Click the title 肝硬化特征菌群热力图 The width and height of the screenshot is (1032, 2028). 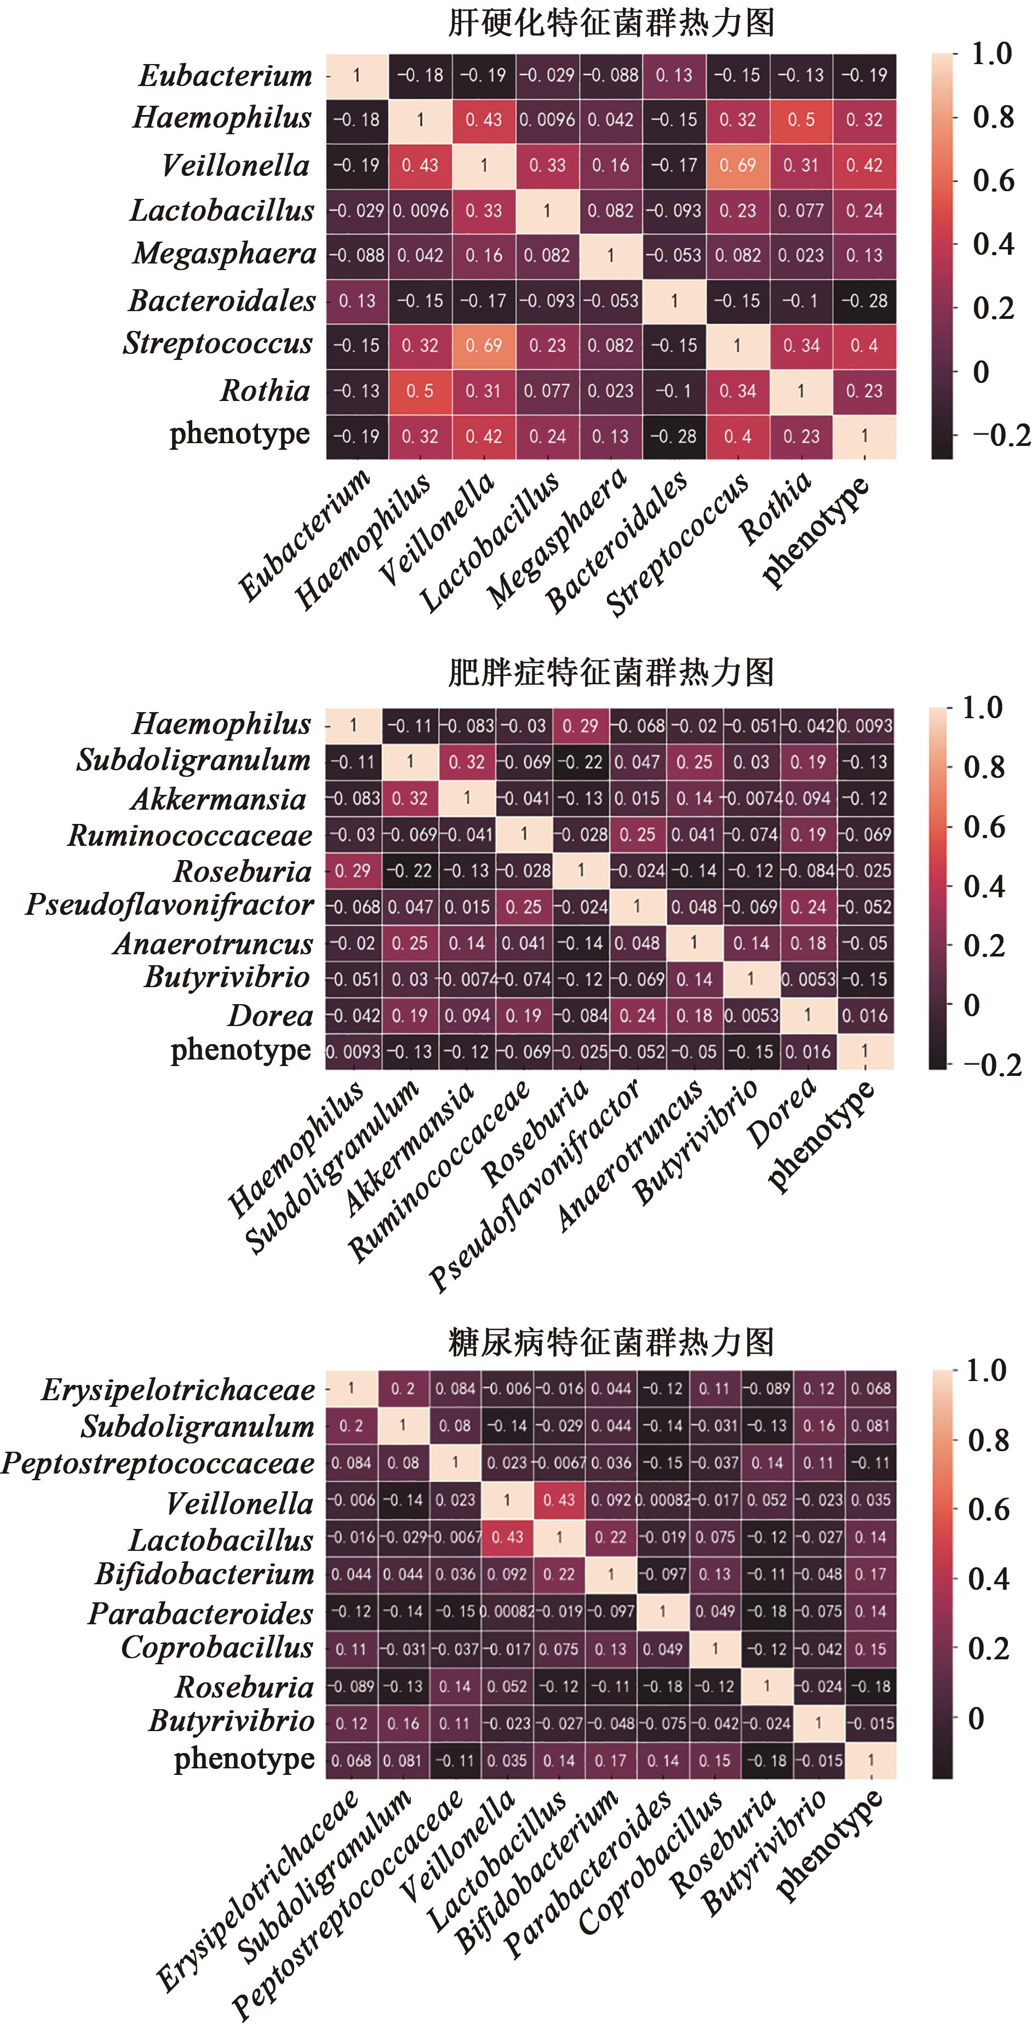pos(611,23)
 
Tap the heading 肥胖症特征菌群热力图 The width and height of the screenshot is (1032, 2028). pos(611,672)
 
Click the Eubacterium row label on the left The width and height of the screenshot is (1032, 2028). pos(226,76)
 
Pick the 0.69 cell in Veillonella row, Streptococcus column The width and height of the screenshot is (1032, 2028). pos(737,165)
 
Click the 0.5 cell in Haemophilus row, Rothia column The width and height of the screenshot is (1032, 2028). pos(801,119)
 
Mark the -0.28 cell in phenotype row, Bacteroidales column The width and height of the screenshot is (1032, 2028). pos(674,436)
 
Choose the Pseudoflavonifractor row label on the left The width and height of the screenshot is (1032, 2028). pos(169,906)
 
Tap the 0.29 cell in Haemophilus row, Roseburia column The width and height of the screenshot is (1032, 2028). pos(580,725)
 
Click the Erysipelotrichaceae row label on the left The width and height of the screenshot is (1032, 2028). pos(178,1390)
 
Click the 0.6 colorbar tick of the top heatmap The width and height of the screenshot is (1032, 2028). pos(992,181)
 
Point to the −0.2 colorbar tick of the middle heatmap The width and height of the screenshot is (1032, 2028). pos(993,1065)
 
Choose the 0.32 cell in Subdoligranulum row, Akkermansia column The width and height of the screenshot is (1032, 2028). pos(467,762)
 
